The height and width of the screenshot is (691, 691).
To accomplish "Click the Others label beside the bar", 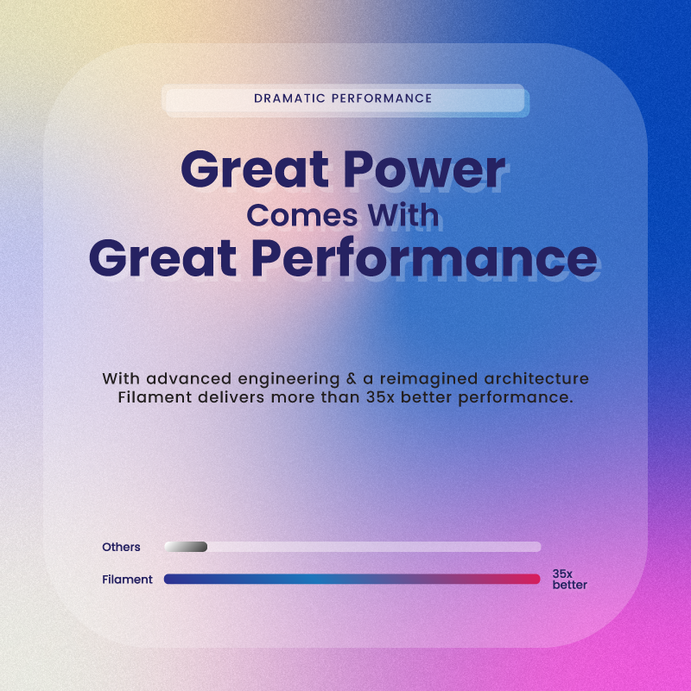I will click(121, 547).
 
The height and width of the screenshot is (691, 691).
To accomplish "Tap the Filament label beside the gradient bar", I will click(127, 580).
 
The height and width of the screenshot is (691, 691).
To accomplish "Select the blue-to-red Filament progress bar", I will click(352, 580).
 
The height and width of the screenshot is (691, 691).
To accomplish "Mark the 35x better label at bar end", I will click(569, 580).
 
